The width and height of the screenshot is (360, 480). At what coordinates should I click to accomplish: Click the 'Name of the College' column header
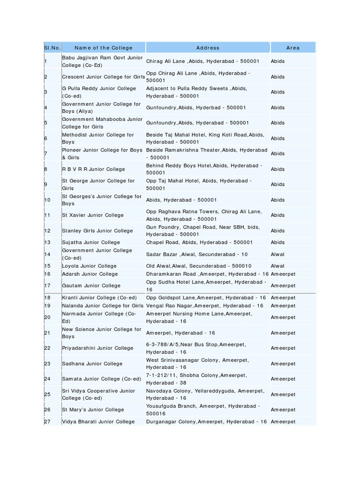(x=103, y=48)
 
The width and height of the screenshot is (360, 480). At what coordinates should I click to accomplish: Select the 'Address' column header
(x=208, y=48)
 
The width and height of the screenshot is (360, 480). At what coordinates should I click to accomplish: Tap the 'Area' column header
(x=292, y=48)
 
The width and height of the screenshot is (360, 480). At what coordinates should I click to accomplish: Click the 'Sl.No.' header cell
(x=53, y=48)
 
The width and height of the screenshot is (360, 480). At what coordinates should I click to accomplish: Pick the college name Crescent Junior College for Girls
(x=103, y=77)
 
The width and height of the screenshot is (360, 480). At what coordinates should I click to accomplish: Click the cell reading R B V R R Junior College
(x=93, y=169)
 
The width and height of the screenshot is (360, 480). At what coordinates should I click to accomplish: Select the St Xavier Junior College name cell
(x=93, y=215)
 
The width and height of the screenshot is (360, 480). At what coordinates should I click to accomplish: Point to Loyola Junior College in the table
(x=89, y=266)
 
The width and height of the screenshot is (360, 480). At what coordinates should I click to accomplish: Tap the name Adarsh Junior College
(x=90, y=274)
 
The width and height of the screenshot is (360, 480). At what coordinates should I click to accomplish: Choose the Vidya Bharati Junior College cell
(x=98, y=421)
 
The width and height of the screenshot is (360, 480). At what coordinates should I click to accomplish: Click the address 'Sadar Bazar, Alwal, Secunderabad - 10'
(x=197, y=254)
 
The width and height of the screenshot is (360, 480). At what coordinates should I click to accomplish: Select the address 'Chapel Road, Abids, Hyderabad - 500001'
(x=199, y=242)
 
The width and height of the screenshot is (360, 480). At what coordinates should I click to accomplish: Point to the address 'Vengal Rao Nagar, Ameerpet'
(x=204, y=306)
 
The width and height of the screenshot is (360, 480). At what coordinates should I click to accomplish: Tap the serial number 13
(x=47, y=242)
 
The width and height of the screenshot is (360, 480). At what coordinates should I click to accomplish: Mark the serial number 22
(x=47, y=348)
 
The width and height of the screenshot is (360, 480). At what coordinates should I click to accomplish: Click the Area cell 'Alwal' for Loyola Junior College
(x=277, y=266)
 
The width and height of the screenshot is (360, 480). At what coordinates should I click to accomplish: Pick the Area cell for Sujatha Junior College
(x=277, y=242)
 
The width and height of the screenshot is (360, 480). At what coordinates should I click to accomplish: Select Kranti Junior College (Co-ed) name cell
(x=99, y=298)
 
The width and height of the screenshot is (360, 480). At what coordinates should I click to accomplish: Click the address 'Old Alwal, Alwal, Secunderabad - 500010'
(x=199, y=266)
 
